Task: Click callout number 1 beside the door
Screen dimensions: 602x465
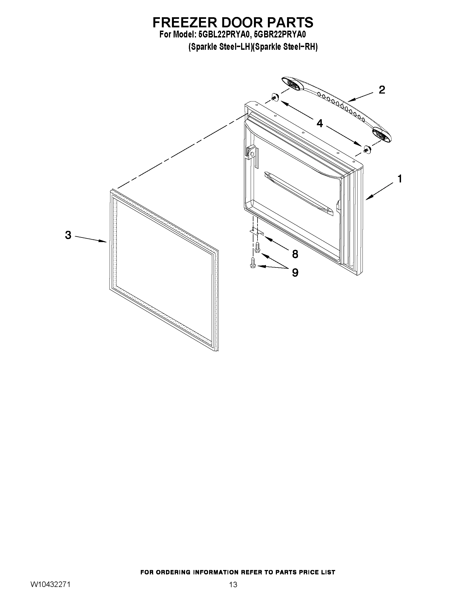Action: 399,179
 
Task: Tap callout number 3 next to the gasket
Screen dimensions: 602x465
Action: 68,235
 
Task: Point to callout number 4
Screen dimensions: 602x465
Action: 320,123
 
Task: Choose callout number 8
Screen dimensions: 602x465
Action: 295,254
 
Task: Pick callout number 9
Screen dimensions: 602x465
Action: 295,273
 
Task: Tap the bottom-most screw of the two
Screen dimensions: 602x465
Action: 253,263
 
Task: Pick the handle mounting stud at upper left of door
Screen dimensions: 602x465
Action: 274,97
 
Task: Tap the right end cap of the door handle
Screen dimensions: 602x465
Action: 382,135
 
